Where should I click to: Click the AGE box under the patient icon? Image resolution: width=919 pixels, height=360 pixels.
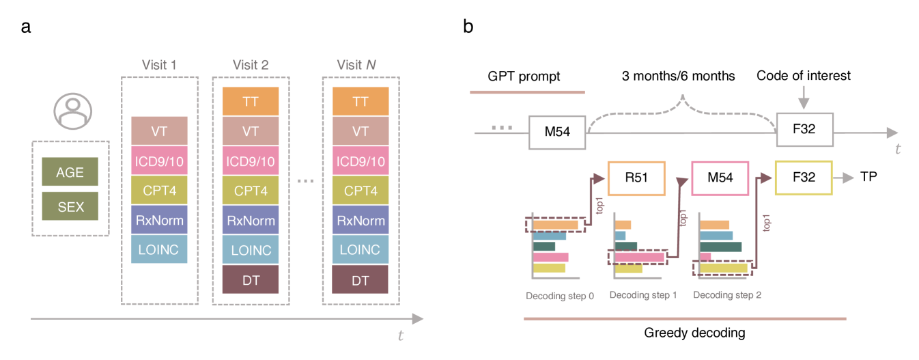[x=70, y=172]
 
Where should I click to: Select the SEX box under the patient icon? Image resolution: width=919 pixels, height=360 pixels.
[x=70, y=206]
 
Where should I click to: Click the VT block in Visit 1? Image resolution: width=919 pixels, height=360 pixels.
[x=159, y=130]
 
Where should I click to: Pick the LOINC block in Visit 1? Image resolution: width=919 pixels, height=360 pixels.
[x=159, y=249]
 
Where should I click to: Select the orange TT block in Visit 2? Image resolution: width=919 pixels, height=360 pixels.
[x=251, y=101]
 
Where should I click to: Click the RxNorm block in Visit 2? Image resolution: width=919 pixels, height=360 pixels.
[x=251, y=220]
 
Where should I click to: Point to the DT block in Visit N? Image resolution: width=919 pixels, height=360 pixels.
[x=360, y=279]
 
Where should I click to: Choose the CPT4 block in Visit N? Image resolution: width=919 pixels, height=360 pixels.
[x=360, y=191]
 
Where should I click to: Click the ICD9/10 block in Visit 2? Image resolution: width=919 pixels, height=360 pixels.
[x=251, y=161]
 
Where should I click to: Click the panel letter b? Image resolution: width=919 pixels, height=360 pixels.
[x=468, y=27]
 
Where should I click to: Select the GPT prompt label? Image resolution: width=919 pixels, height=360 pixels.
[x=524, y=76]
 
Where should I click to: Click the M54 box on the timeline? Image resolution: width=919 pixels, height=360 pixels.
[x=558, y=131]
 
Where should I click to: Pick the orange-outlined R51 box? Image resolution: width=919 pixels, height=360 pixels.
[x=635, y=178]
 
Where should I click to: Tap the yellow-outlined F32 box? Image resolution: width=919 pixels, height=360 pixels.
[x=804, y=178]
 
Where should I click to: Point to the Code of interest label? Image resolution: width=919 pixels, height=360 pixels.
[x=804, y=75]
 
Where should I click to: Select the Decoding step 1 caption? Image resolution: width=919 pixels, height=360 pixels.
[x=643, y=295]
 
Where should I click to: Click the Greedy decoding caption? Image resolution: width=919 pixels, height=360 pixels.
[x=685, y=333]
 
